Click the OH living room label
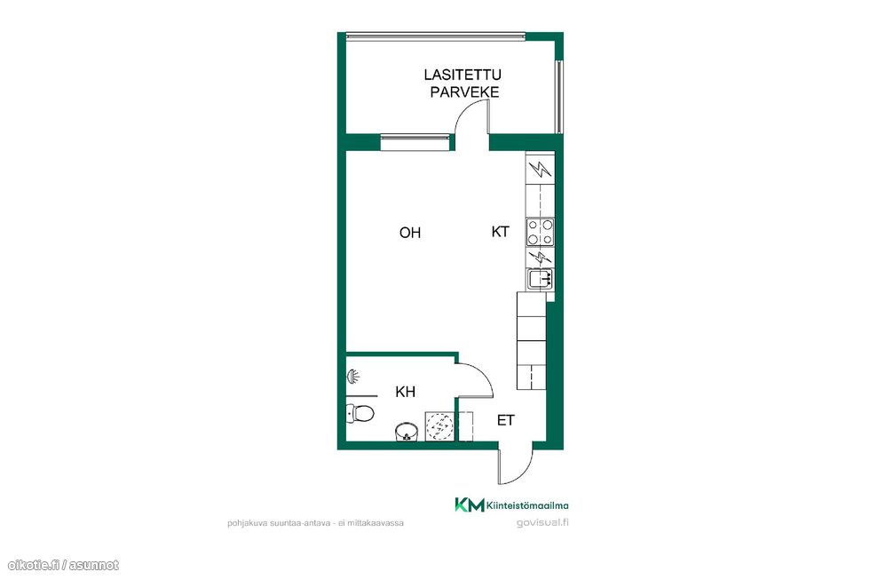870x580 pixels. pyautogui.click(x=410, y=233)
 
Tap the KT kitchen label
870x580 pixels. pyautogui.click(x=500, y=232)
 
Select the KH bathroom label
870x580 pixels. pyautogui.click(x=405, y=392)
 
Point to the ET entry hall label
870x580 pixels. pyautogui.click(x=505, y=420)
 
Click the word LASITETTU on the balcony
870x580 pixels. pyautogui.click(x=463, y=75)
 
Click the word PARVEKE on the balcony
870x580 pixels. pyautogui.click(x=464, y=92)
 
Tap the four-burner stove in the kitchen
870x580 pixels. pyautogui.click(x=540, y=233)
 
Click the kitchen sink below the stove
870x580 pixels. pyautogui.click(x=540, y=278)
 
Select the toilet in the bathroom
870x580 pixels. pyautogui.click(x=360, y=413)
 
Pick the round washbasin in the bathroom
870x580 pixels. pyautogui.click(x=407, y=431)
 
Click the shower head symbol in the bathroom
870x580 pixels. pyautogui.click(x=352, y=377)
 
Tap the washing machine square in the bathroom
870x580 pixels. pyautogui.click(x=439, y=426)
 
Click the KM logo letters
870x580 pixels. pyautogui.click(x=470, y=505)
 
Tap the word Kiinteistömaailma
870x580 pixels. pyautogui.click(x=527, y=505)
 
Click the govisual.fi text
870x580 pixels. pyautogui.click(x=542, y=522)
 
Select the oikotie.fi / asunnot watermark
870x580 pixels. pyautogui.click(x=63, y=565)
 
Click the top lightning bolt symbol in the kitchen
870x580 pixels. pyautogui.click(x=540, y=169)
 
